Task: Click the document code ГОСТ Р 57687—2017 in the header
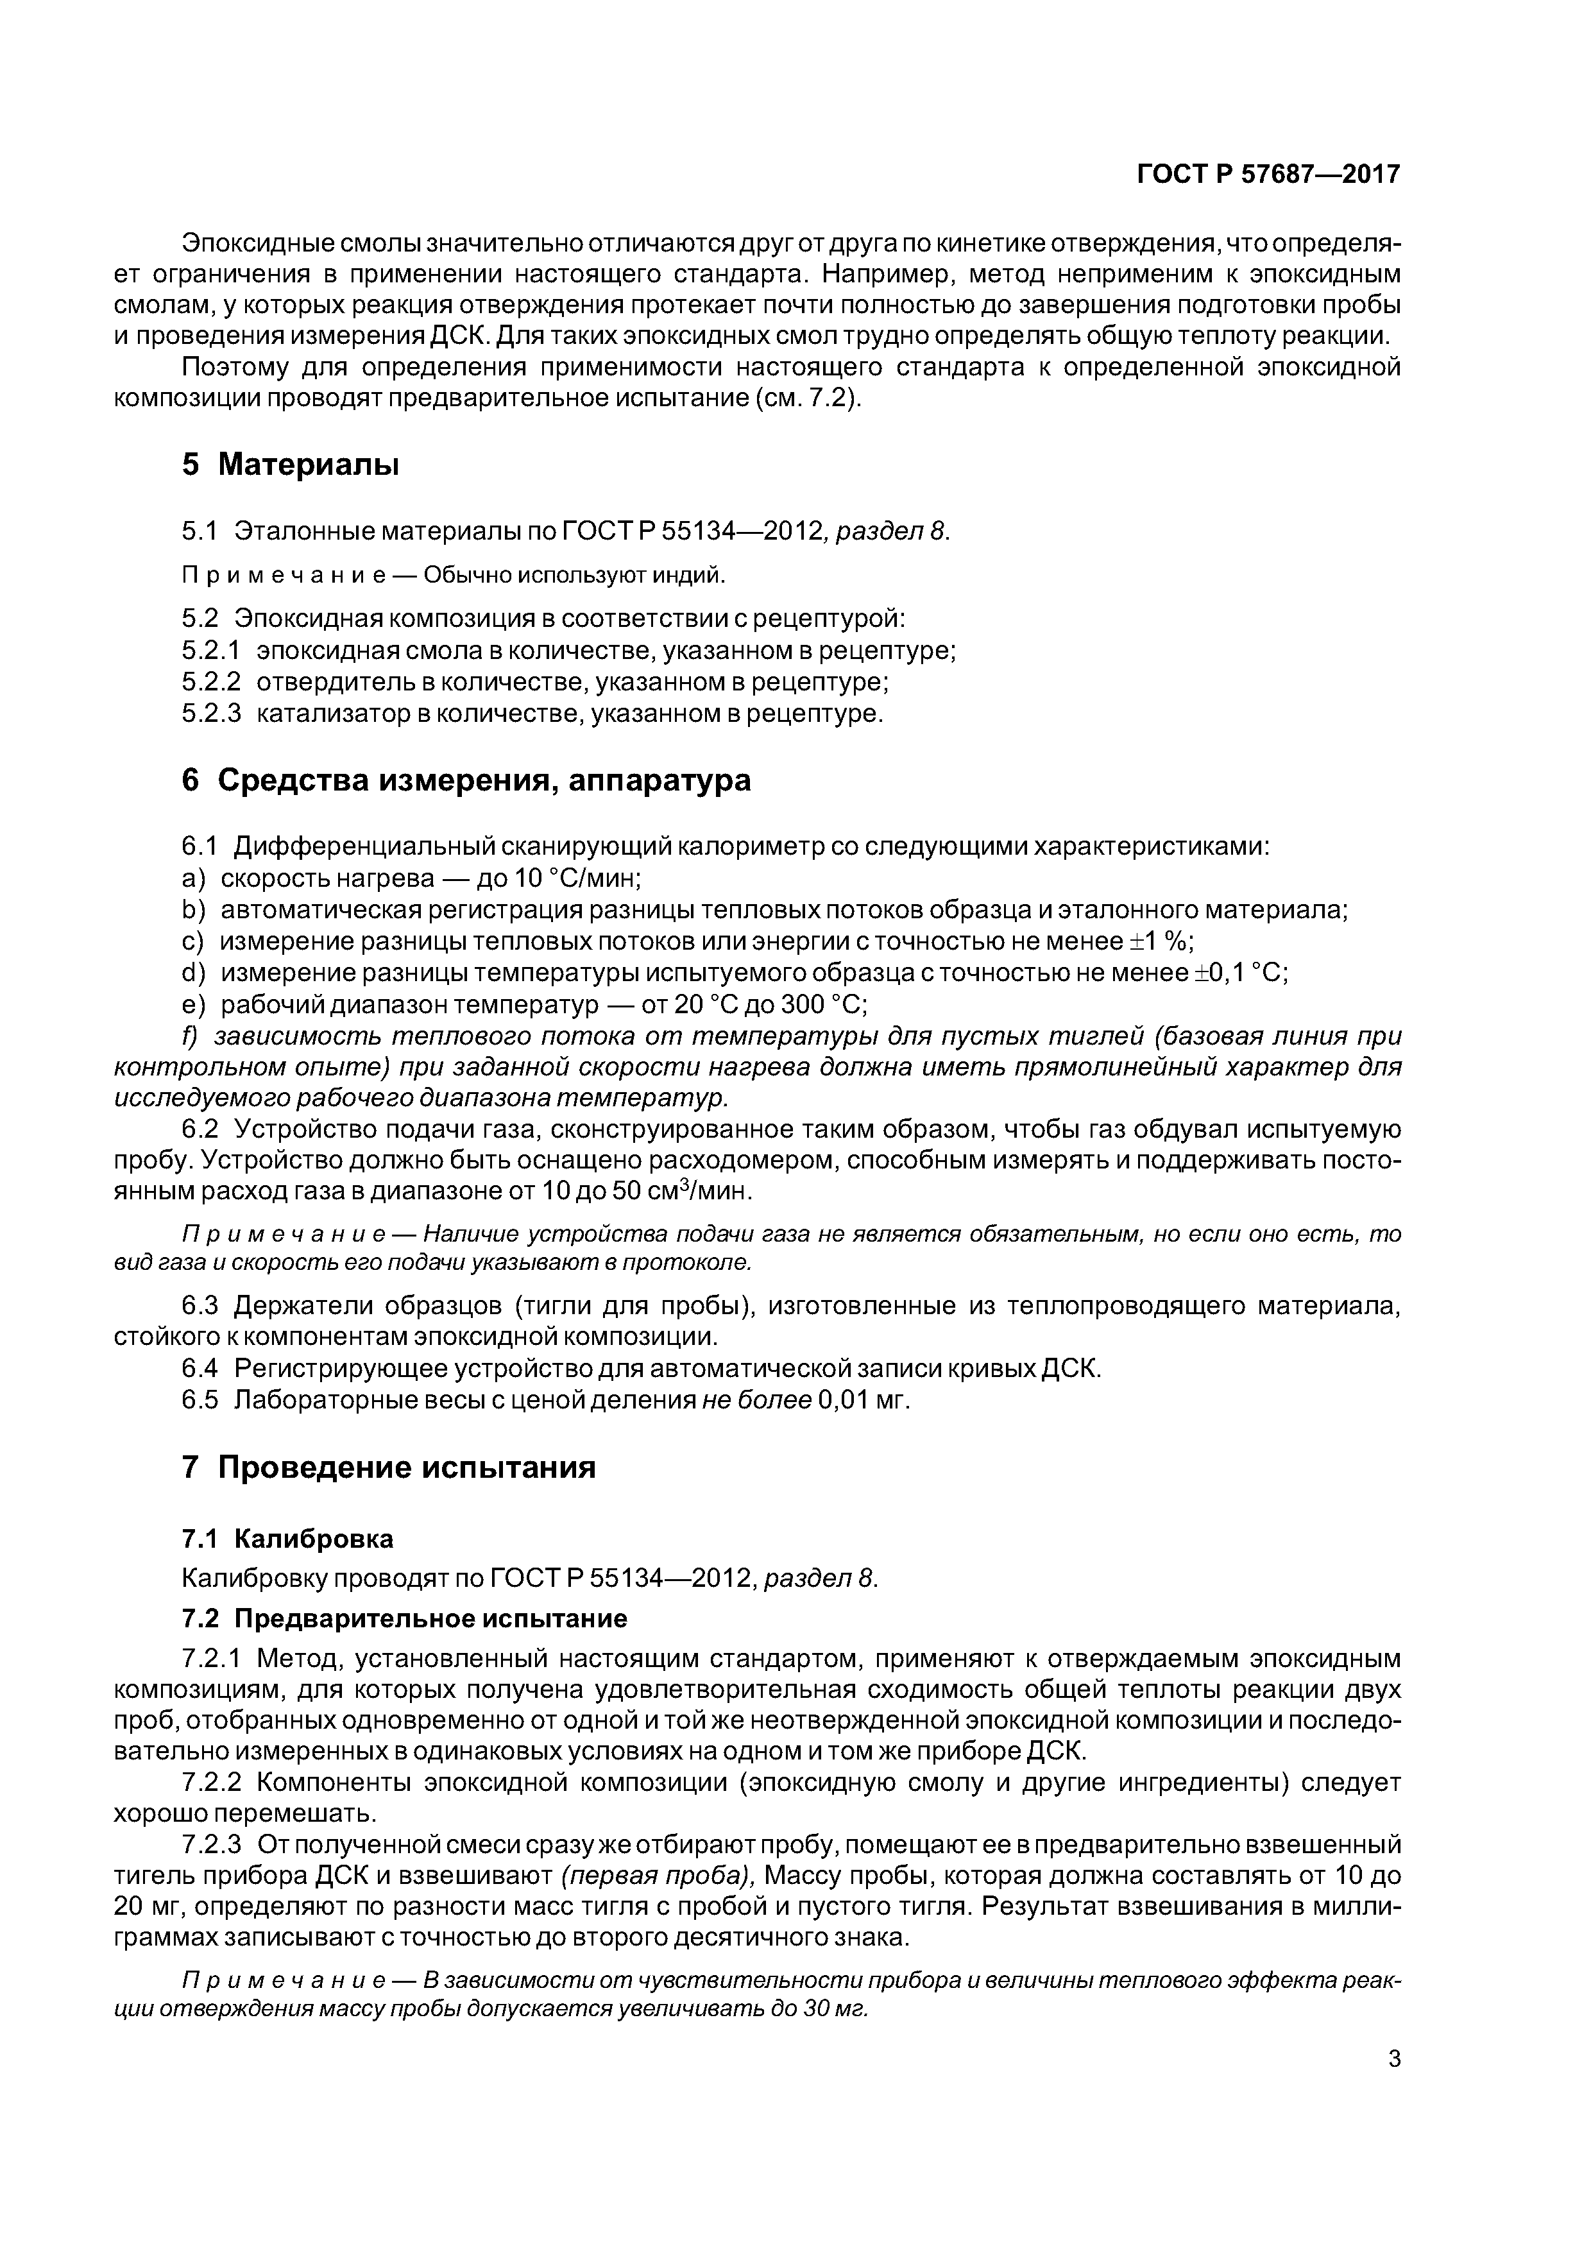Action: [1268, 175]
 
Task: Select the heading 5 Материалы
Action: [290, 465]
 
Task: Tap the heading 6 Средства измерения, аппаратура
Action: [466, 780]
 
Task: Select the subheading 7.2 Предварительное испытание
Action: [404, 1618]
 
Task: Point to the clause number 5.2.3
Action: [211, 713]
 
